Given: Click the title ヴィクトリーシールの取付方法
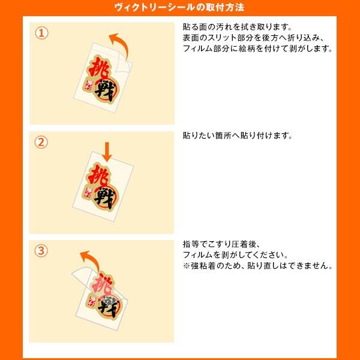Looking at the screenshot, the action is [179, 8].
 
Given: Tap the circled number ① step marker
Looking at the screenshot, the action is [42, 33].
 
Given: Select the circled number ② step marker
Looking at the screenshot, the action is [41, 142].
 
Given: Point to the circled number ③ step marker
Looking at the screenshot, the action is [41, 250].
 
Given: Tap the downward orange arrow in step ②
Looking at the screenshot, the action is [107, 152].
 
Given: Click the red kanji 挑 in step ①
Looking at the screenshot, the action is [99, 68].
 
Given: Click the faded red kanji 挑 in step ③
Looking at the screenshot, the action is [102, 284].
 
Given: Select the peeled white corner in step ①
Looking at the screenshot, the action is [124, 63].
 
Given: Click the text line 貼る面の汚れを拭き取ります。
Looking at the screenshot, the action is [237, 27].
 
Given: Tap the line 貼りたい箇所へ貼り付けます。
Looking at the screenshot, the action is [238, 136].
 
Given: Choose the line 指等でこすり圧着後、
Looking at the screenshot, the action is [221, 244].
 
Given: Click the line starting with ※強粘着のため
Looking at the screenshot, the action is [257, 266].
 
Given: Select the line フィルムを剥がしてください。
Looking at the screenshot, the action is [235, 255].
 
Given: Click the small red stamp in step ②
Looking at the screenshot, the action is [88, 193].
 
